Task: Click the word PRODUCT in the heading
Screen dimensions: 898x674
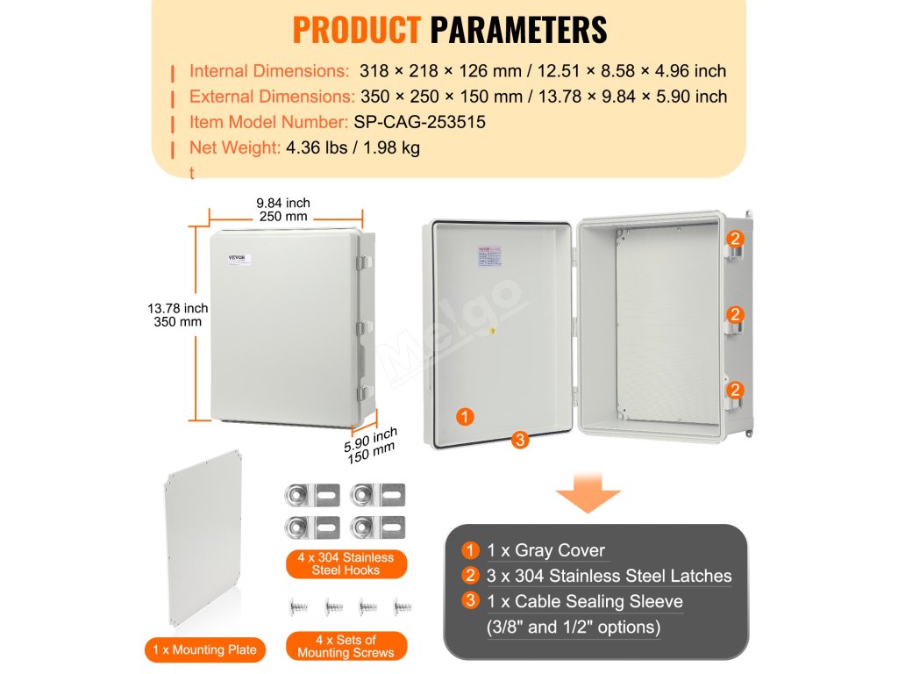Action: (356, 29)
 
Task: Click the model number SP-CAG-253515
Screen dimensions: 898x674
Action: (419, 122)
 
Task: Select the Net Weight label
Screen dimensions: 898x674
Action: (234, 147)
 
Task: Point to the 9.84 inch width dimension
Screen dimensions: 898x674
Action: (285, 203)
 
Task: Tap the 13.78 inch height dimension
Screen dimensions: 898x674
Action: (178, 308)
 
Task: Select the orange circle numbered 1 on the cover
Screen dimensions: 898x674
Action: (466, 417)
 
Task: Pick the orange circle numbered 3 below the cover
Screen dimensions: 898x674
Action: (521, 441)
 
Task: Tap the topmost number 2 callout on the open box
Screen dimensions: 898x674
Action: (736, 238)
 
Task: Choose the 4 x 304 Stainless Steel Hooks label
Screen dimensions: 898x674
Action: (345, 563)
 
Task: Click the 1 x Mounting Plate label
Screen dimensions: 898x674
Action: (204, 649)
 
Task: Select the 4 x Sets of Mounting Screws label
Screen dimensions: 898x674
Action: (346, 646)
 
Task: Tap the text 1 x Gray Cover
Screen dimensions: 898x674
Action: (545, 550)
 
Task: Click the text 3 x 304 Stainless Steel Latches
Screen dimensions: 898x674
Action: (609, 576)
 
